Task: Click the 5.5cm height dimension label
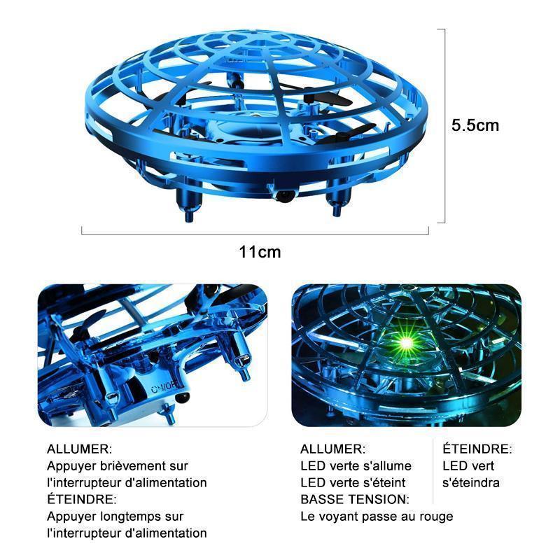click(475, 125)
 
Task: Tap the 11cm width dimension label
click(260, 252)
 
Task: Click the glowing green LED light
click(406, 344)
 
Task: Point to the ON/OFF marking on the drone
click(164, 387)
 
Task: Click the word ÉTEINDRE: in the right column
click(477, 449)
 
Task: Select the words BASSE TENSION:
click(355, 499)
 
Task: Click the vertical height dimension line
click(444, 126)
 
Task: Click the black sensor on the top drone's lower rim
click(285, 196)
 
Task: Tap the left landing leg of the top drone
click(188, 204)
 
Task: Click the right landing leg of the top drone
click(337, 201)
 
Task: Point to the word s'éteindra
click(470, 482)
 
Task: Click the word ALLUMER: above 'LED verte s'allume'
click(333, 449)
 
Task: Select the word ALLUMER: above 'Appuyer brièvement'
click(79, 449)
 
